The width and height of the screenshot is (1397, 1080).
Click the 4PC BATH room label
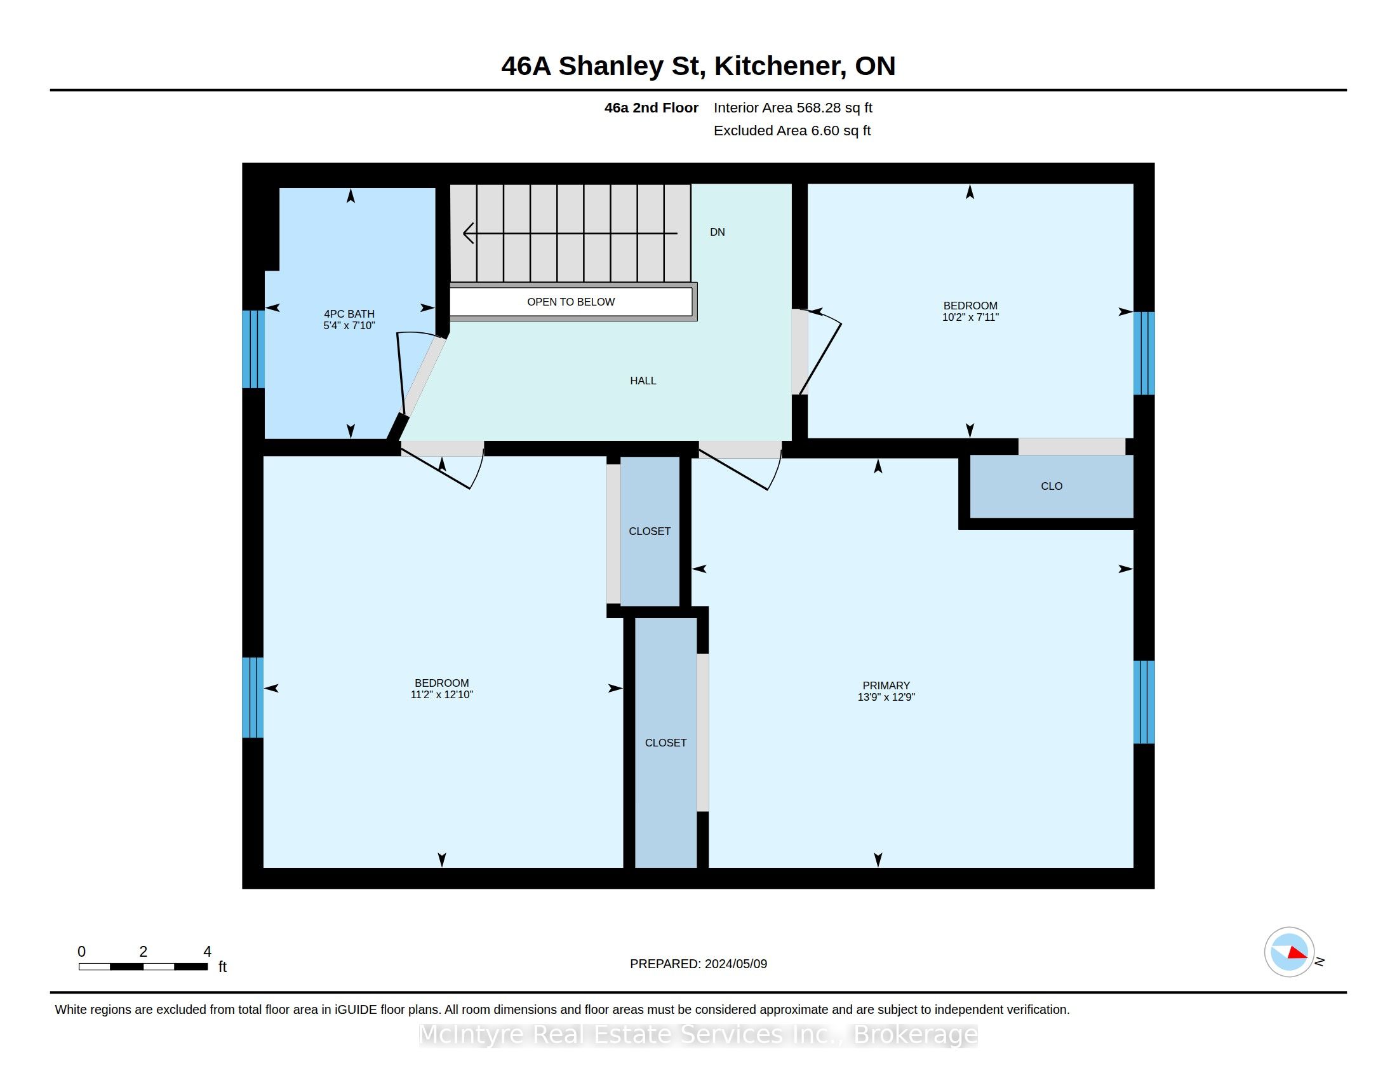(x=349, y=314)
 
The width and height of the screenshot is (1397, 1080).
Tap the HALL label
(x=643, y=381)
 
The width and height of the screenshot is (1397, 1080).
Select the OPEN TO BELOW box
(x=571, y=302)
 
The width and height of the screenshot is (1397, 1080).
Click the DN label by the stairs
(x=717, y=233)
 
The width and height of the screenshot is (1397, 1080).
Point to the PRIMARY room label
(x=886, y=685)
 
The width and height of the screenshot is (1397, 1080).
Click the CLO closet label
(x=1052, y=486)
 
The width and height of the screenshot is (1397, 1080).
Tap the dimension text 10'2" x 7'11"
(x=970, y=318)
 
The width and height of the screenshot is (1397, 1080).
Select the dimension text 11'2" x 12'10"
(x=441, y=695)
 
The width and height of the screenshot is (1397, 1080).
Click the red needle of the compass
(x=1297, y=954)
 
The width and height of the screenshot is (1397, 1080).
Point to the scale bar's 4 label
(x=207, y=952)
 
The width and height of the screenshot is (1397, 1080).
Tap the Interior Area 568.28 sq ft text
(x=793, y=108)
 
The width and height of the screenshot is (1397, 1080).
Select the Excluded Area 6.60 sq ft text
(x=792, y=130)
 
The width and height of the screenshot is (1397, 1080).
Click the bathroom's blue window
(x=253, y=349)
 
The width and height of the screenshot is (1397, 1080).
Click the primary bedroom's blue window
(x=1144, y=702)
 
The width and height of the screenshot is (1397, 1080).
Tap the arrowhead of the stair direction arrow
(x=467, y=233)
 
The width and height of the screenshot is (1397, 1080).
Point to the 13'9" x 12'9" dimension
(x=886, y=698)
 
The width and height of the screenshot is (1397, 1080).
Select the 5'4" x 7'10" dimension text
(x=349, y=326)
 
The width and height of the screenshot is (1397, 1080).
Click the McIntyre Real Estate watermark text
(x=698, y=1034)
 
